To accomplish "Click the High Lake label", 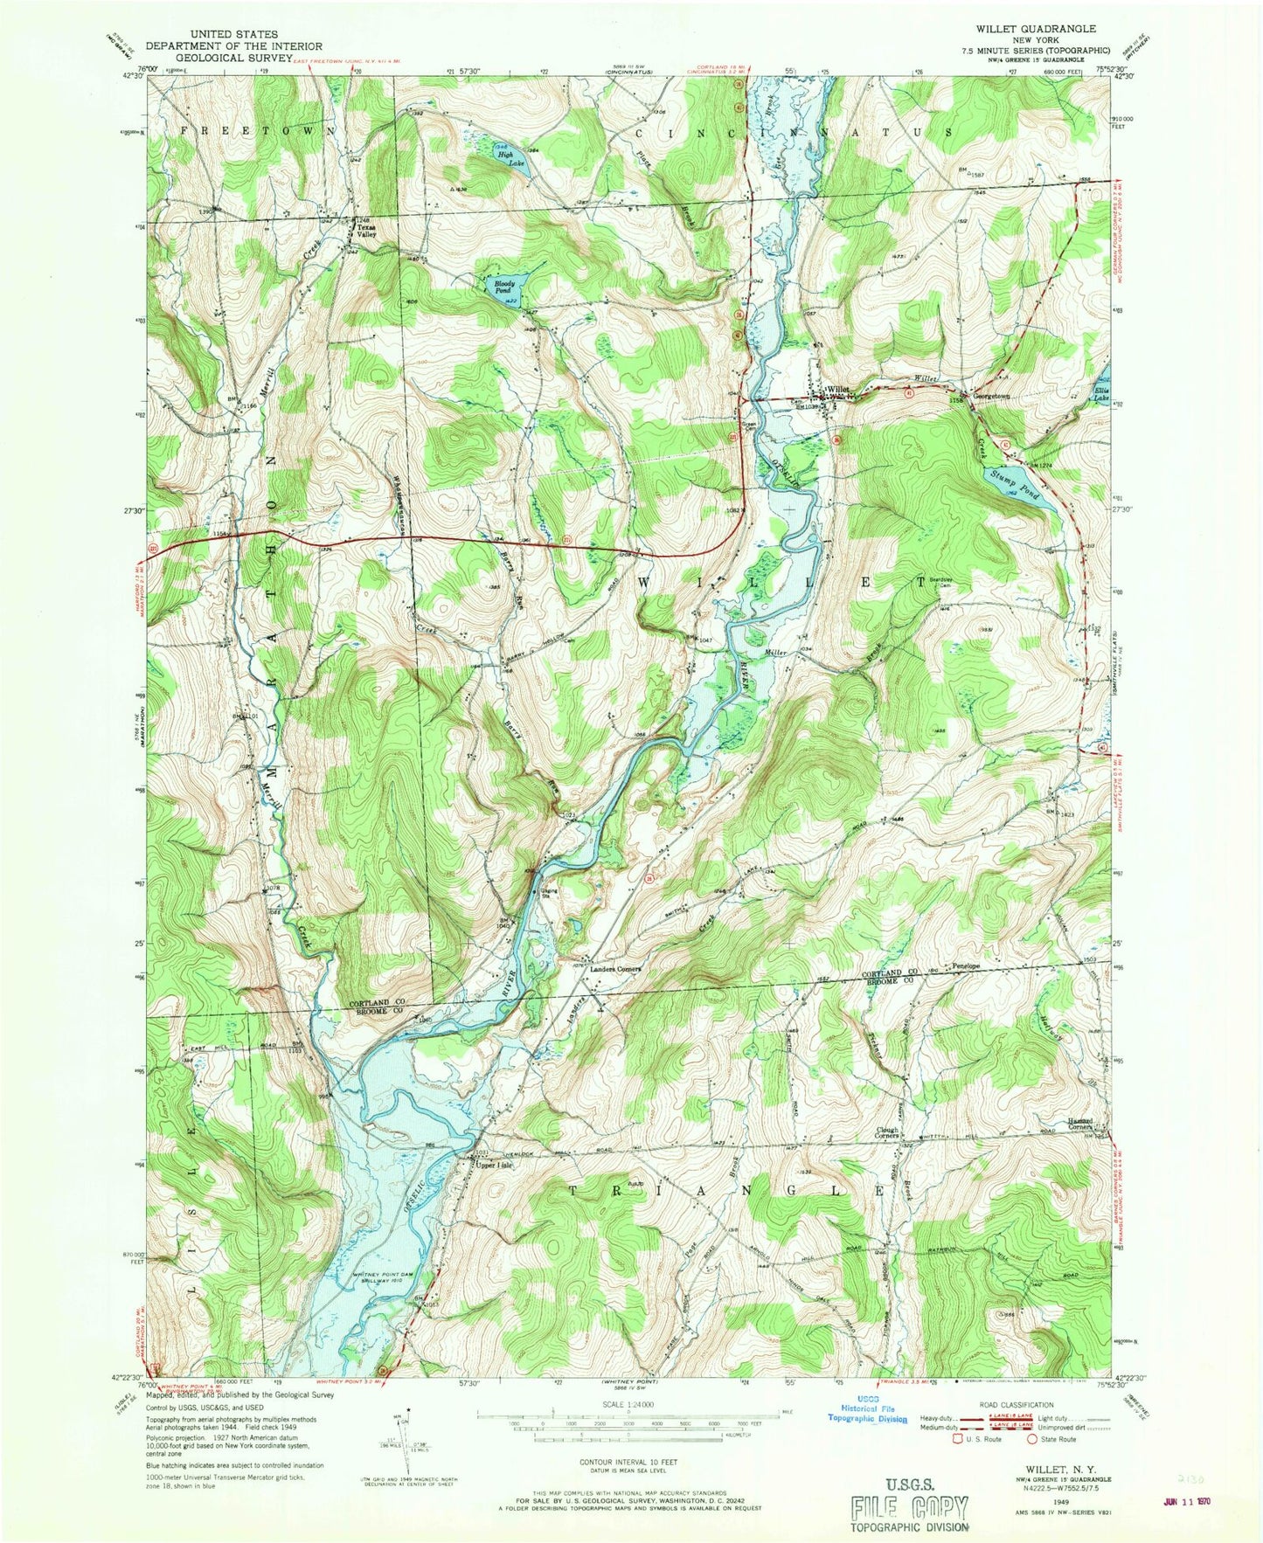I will click(504, 158).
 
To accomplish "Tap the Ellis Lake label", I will click(1101, 393).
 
